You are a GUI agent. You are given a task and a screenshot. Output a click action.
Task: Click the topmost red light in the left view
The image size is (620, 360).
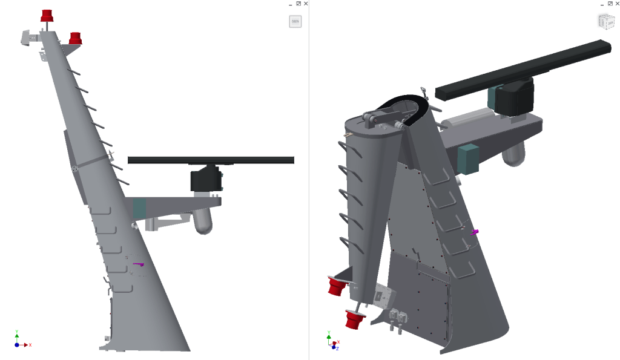click(x=47, y=16)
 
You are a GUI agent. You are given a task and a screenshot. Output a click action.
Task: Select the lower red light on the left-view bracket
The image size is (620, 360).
click(x=75, y=38)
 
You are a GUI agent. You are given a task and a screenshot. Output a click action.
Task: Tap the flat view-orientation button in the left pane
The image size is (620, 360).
click(x=295, y=22)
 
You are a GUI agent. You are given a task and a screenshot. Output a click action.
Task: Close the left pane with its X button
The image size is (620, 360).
click(x=306, y=4)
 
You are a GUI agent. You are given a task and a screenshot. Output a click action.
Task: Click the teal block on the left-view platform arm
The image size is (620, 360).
click(x=140, y=208)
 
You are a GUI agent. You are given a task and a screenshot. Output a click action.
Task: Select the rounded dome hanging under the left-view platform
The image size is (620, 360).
click(x=203, y=222)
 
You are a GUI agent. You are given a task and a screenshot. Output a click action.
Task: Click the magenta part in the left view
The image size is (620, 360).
click(x=139, y=264)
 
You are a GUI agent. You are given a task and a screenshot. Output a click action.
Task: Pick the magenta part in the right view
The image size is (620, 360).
click(x=475, y=232)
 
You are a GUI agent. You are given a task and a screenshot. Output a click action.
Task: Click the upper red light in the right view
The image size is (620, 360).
click(x=335, y=287)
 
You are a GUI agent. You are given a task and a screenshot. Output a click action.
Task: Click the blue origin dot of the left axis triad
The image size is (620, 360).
click(x=17, y=344)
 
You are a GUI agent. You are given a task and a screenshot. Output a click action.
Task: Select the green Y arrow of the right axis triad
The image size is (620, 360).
click(x=328, y=335)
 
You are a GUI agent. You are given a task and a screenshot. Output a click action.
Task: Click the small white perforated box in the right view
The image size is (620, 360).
click(x=383, y=296)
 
